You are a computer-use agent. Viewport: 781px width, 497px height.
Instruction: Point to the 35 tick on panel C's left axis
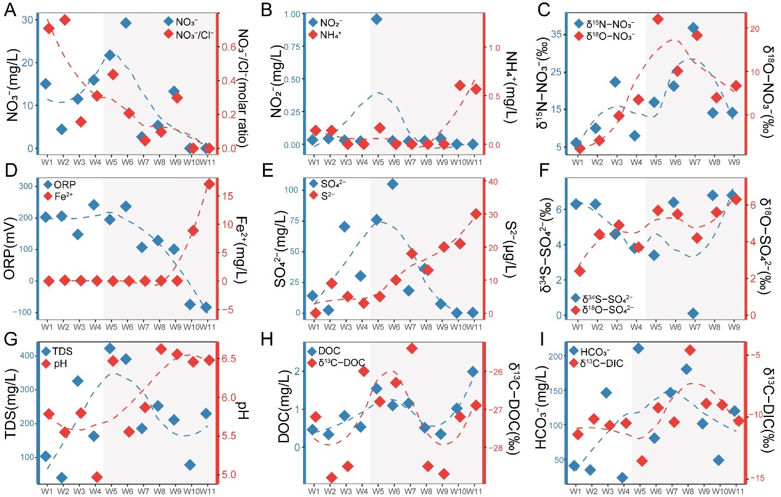557,34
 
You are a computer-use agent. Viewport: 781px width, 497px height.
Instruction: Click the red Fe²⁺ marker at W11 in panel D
209,184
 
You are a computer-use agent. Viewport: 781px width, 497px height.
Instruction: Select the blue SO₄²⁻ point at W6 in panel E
392,184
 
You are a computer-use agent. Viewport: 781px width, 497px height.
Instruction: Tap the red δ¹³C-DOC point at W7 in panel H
411,349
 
